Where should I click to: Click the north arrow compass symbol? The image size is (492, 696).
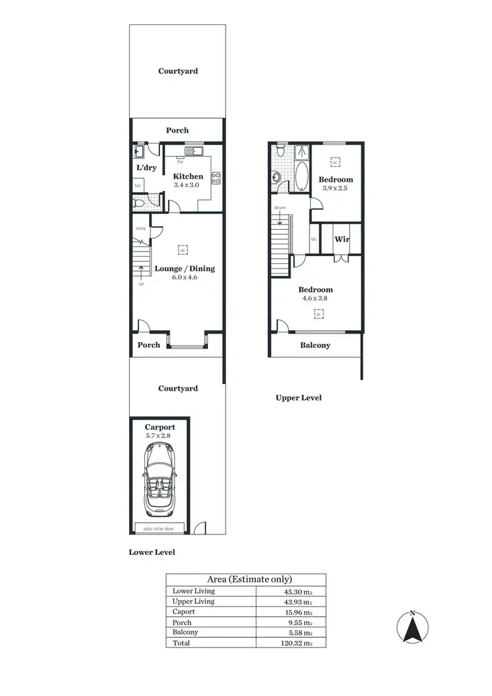pyautogui.click(x=412, y=628)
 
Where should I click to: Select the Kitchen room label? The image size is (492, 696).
pyautogui.click(x=188, y=176)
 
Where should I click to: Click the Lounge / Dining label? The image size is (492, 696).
pyautogui.click(x=184, y=269)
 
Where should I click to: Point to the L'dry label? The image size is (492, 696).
pyautogui.click(x=146, y=168)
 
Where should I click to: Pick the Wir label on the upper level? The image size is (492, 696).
pyautogui.click(x=342, y=239)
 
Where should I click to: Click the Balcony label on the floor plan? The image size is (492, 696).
pyautogui.click(x=315, y=345)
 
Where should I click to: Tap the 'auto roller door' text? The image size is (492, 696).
pyautogui.click(x=159, y=527)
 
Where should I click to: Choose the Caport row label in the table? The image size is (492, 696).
pyautogui.click(x=184, y=611)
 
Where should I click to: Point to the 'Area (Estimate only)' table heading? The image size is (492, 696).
pyautogui.click(x=249, y=579)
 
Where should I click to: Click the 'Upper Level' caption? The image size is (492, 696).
pyautogui.click(x=298, y=398)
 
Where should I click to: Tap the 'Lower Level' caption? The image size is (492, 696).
pyautogui.click(x=152, y=553)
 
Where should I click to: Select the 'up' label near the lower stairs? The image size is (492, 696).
pyautogui.click(x=141, y=284)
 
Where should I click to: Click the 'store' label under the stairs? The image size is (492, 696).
pyautogui.click(x=140, y=228)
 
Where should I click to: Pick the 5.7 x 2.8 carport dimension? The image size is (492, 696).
pyautogui.click(x=160, y=435)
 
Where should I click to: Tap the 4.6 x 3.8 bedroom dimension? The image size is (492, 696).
pyautogui.click(x=316, y=298)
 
